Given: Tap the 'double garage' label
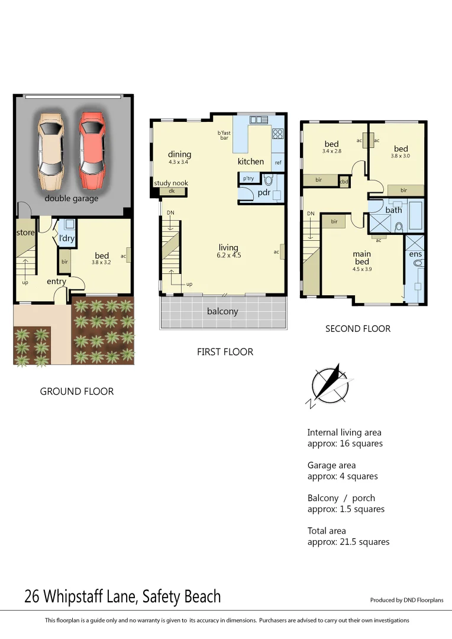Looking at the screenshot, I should [72, 198].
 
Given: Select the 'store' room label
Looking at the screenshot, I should [25, 233].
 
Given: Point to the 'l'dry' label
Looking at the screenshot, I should [66, 238].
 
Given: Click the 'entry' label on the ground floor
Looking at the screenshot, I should [56, 282].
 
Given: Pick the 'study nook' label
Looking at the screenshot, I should [171, 183].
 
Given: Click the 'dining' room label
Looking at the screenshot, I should [179, 154].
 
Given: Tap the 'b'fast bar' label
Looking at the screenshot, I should [224, 135].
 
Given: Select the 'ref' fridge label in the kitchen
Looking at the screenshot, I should [277, 162].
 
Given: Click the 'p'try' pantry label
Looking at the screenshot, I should [248, 177].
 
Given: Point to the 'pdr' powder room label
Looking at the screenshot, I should [263, 192].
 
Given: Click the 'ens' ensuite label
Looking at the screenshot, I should [415, 254].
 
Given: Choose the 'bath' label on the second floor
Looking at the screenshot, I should [393, 210].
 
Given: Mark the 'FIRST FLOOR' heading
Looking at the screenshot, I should [225, 352].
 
